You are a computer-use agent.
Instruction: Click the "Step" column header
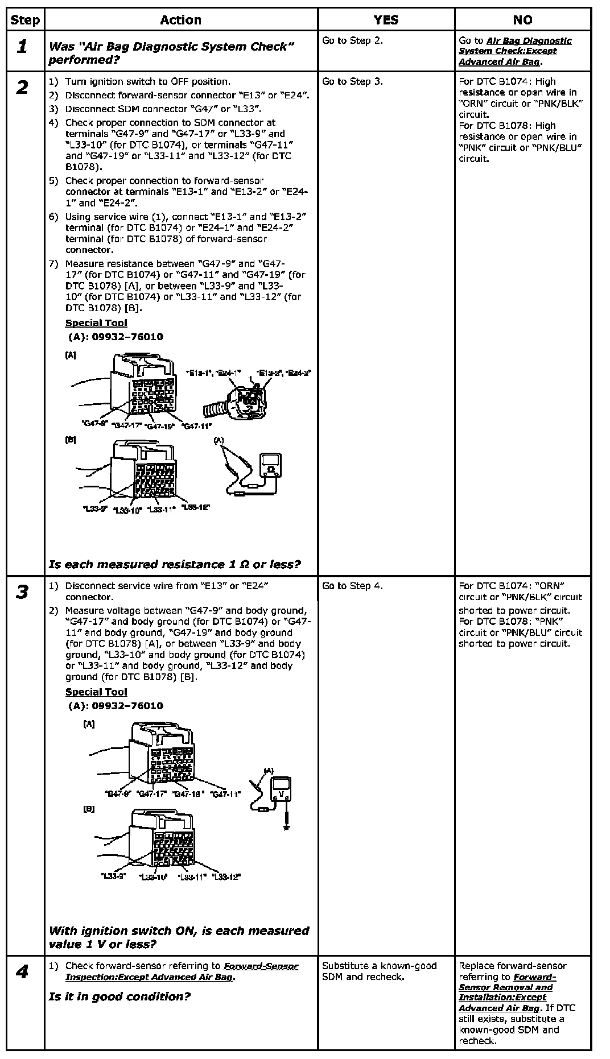click(25, 20)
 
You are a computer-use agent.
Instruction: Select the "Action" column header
click(180, 20)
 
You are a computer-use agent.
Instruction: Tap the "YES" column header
click(386, 20)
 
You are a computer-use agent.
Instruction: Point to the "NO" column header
click(522, 20)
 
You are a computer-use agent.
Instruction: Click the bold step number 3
click(22, 592)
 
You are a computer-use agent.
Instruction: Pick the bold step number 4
click(22, 972)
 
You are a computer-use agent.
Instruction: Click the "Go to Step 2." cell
click(352, 40)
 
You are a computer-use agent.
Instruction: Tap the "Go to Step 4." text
click(352, 586)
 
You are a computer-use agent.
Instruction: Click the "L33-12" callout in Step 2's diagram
click(195, 507)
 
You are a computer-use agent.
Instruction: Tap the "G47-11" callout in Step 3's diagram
click(225, 794)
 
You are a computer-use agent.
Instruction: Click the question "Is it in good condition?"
click(119, 996)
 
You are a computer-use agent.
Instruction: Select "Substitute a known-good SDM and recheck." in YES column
click(379, 971)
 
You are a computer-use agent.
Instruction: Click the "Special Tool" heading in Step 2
click(96, 323)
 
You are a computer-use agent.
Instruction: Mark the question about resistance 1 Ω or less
click(175, 564)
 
